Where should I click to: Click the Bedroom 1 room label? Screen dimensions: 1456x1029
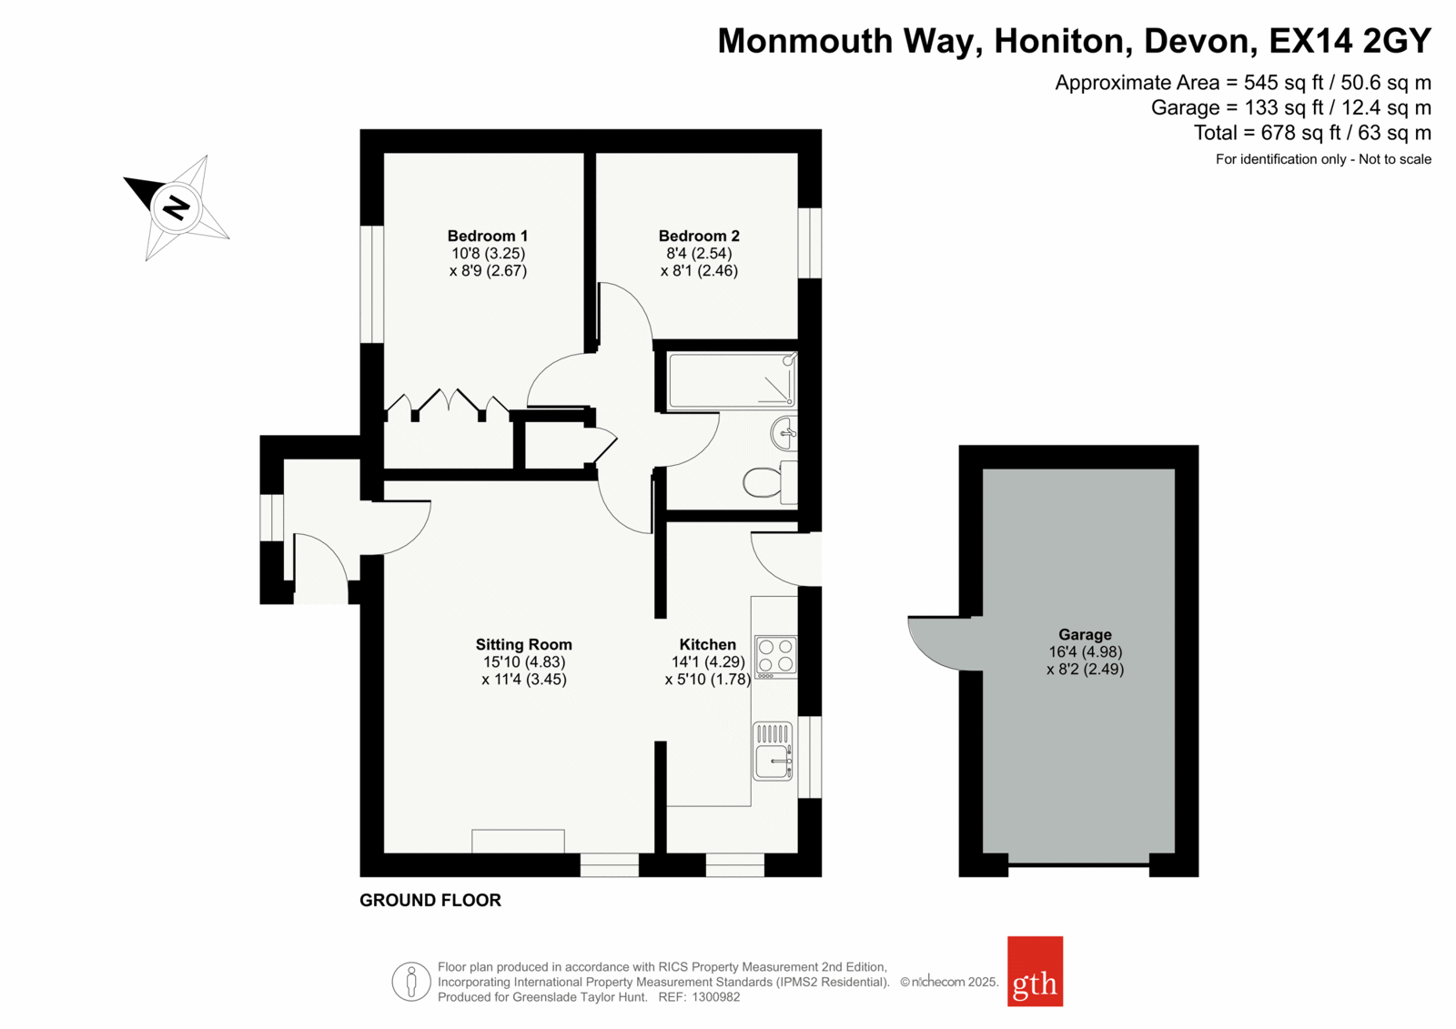(488, 236)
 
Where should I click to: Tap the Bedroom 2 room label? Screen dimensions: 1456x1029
(699, 236)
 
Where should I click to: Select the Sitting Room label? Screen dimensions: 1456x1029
(524, 644)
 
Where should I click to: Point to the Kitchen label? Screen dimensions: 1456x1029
(708, 644)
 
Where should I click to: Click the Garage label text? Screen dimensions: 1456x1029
(1085, 634)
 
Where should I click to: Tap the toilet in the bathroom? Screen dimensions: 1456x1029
(771, 481)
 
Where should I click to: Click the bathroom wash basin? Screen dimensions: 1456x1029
(784, 433)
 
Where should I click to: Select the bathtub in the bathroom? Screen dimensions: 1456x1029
(732, 381)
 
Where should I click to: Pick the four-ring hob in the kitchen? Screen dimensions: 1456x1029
(775, 657)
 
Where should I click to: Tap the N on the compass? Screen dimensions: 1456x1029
(177, 208)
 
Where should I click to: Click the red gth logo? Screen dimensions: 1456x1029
(1035, 971)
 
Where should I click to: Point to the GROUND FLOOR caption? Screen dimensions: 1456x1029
(430, 901)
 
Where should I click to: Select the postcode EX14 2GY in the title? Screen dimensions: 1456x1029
(1350, 41)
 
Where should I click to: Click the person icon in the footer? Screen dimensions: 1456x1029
(410, 982)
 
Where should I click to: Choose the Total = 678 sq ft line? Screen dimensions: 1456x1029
(1312, 133)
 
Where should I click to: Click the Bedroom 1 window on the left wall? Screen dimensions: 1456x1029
(372, 284)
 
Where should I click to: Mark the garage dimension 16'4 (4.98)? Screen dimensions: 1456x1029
(1085, 651)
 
